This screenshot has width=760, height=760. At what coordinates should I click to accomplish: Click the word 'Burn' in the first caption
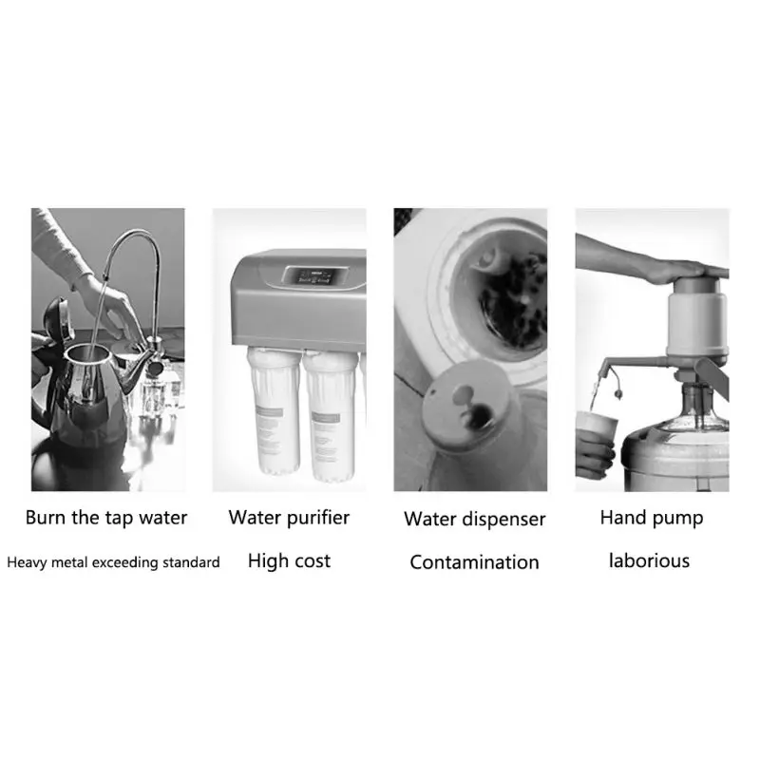pos(45,518)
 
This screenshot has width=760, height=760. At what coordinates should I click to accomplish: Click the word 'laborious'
pos(649,560)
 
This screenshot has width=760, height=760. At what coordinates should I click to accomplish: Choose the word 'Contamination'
pos(474,562)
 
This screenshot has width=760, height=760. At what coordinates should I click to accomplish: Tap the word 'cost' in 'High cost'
pos(313,561)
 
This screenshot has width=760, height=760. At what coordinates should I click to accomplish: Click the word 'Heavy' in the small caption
pos(28,562)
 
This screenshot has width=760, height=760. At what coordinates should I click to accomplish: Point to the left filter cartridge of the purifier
pos(273,409)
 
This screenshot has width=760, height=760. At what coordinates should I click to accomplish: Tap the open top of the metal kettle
pos(87,353)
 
